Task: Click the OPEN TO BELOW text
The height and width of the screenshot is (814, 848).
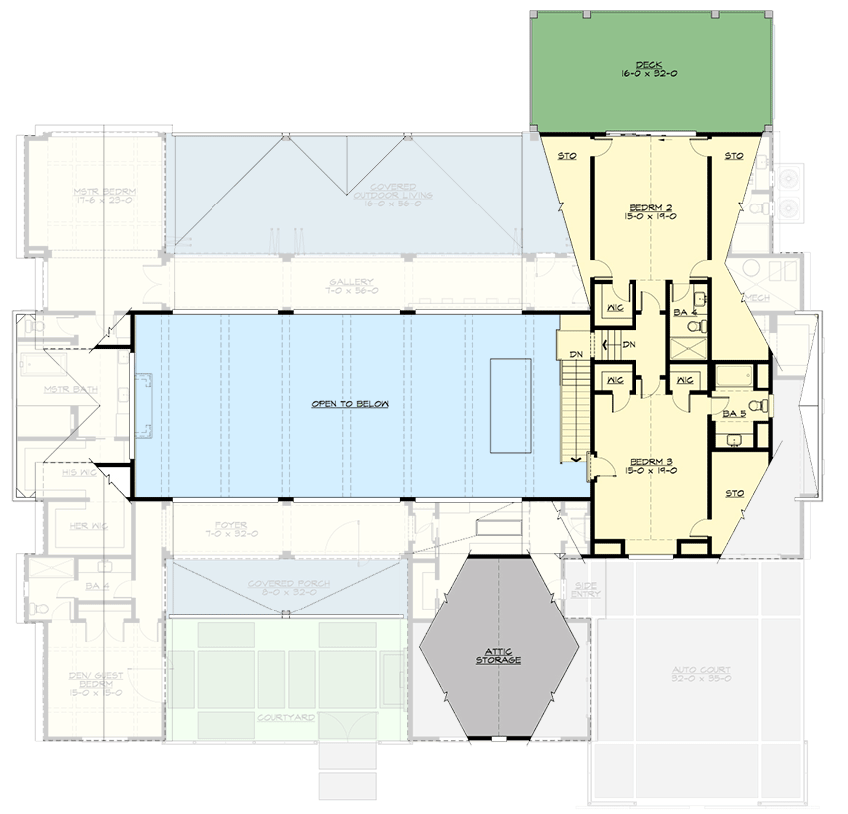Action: coord(349,404)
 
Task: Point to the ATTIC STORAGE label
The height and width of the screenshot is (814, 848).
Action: coord(496,656)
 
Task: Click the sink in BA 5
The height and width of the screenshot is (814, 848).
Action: coord(735,439)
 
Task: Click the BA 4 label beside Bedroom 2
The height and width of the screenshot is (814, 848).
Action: coord(684,313)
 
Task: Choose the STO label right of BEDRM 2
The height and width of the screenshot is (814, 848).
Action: coord(734,156)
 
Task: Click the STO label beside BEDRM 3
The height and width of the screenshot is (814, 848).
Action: coord(735,493)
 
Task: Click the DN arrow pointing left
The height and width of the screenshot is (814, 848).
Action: coord(608,345)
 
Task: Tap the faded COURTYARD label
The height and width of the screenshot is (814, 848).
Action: coord(287,717)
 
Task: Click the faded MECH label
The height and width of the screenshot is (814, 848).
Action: coord(755,297)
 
